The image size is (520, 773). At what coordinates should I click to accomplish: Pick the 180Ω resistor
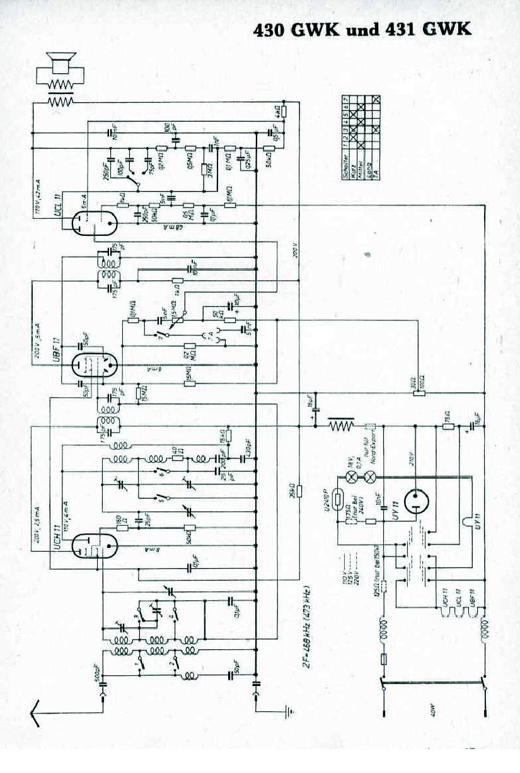click(118, 523)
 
